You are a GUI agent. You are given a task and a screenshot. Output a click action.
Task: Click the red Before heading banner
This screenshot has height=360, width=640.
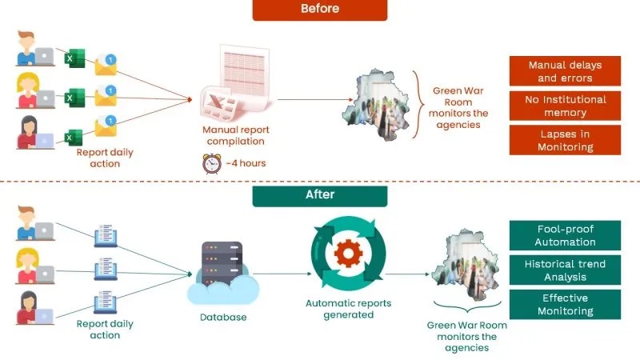[319, 10]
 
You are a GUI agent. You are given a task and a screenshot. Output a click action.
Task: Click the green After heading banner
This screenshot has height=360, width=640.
[319, 195]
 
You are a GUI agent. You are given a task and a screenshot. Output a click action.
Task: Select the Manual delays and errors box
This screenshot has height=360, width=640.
[565, 70]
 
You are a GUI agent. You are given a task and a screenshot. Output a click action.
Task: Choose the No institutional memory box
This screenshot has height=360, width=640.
[565, 105]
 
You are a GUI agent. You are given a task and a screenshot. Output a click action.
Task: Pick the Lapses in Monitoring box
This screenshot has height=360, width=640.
[565, 140]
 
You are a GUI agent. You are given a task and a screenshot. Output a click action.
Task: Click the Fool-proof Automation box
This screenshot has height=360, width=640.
[565, 234]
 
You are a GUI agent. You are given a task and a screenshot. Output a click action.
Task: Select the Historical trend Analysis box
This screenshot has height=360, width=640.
[565, 270]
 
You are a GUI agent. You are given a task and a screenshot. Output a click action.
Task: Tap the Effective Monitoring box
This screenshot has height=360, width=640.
[565, 304]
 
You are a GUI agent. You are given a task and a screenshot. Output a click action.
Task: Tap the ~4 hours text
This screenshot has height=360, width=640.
[243, 163]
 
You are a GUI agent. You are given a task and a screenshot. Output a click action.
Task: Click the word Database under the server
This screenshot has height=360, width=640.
[222, 318]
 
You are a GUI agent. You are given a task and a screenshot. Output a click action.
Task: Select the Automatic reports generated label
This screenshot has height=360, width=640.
[346, 309]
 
